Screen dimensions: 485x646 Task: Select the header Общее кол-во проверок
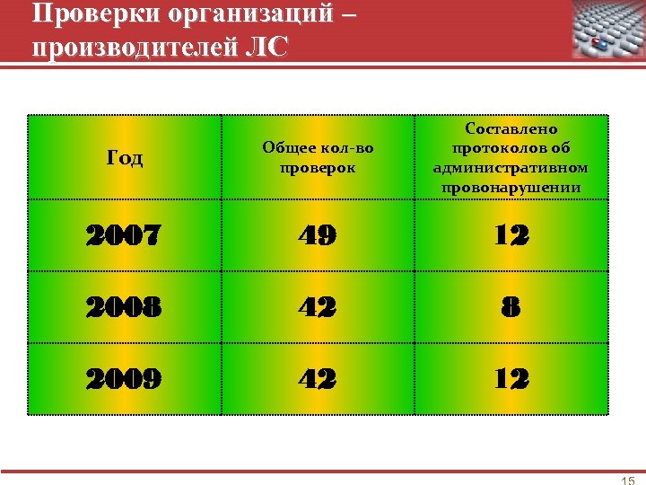click(318, 158)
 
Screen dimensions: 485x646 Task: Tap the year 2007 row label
click(124, 236)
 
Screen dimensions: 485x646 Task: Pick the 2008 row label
click(124, 307)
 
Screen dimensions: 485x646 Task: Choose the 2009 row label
click(124, 378)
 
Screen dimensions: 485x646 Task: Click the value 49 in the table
click(318, 236)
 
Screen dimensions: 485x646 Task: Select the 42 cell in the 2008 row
click(318, 307)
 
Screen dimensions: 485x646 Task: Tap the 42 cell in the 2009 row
click(318, 378)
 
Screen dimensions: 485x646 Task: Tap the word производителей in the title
click(132, 45)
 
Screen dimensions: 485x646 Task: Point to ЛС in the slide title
click(266, 45)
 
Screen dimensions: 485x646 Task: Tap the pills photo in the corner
click(608, 30)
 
